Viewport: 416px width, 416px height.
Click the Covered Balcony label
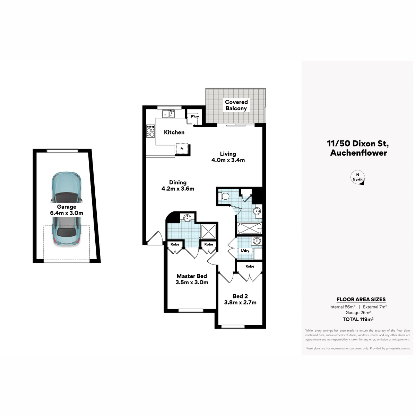(236, 105)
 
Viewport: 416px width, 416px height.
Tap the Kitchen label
(174, 132)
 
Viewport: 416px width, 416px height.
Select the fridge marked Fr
(182, 149)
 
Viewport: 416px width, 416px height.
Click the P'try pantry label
(195, 116)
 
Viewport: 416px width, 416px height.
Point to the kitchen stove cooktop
(150, 131)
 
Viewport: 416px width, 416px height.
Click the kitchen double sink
(169, 114)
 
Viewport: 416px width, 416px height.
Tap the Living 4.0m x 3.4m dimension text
(228, 157)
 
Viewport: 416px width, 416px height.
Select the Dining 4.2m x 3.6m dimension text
(178, 185)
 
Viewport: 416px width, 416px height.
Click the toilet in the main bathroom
(224, 196)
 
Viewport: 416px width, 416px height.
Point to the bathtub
(250, 228)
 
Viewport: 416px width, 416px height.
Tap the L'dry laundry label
(245, 251)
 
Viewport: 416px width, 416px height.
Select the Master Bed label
(192, 276)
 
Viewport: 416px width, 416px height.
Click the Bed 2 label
(240, 296)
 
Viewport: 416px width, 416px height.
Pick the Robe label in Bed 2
(250, 266)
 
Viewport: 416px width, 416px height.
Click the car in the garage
(67, 209)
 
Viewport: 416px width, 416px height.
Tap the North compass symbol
(357, 177)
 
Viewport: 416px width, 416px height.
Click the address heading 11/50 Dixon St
(358, 144)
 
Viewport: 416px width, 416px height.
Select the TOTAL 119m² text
(358, 319)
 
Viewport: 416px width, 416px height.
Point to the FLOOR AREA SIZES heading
(361, 300)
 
